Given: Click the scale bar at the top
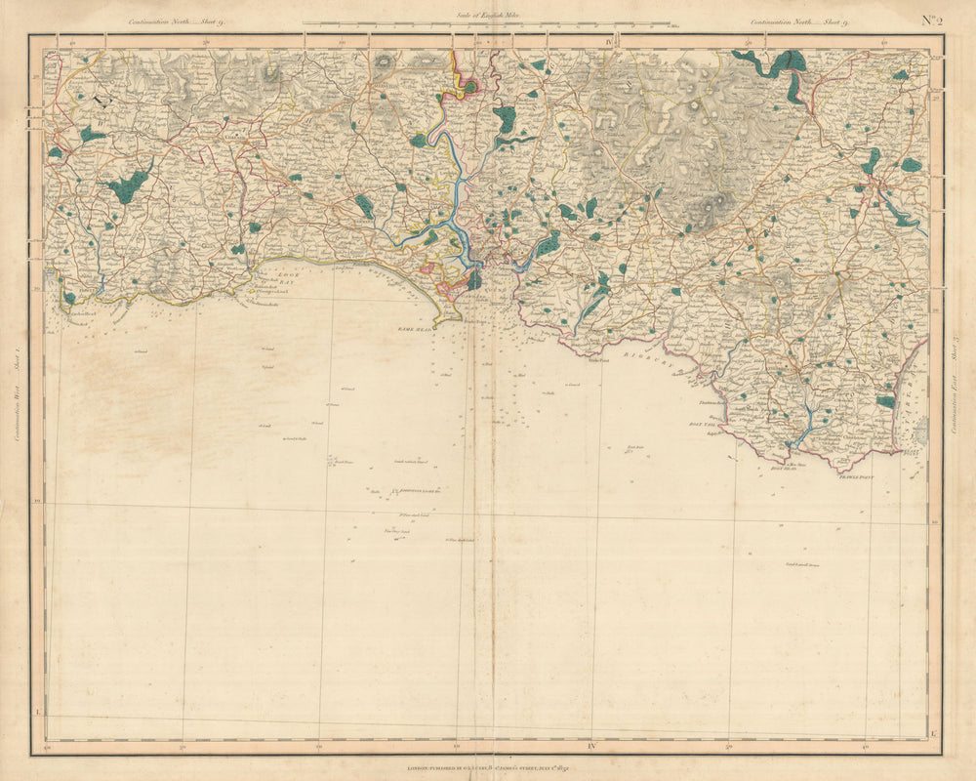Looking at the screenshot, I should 485,23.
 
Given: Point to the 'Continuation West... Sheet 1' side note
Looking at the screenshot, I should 19,386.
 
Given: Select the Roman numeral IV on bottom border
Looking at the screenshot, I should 591,748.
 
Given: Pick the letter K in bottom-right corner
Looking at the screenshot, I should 934,732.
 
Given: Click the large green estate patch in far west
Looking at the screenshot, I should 127,185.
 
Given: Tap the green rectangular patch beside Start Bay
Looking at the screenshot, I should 885,401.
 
